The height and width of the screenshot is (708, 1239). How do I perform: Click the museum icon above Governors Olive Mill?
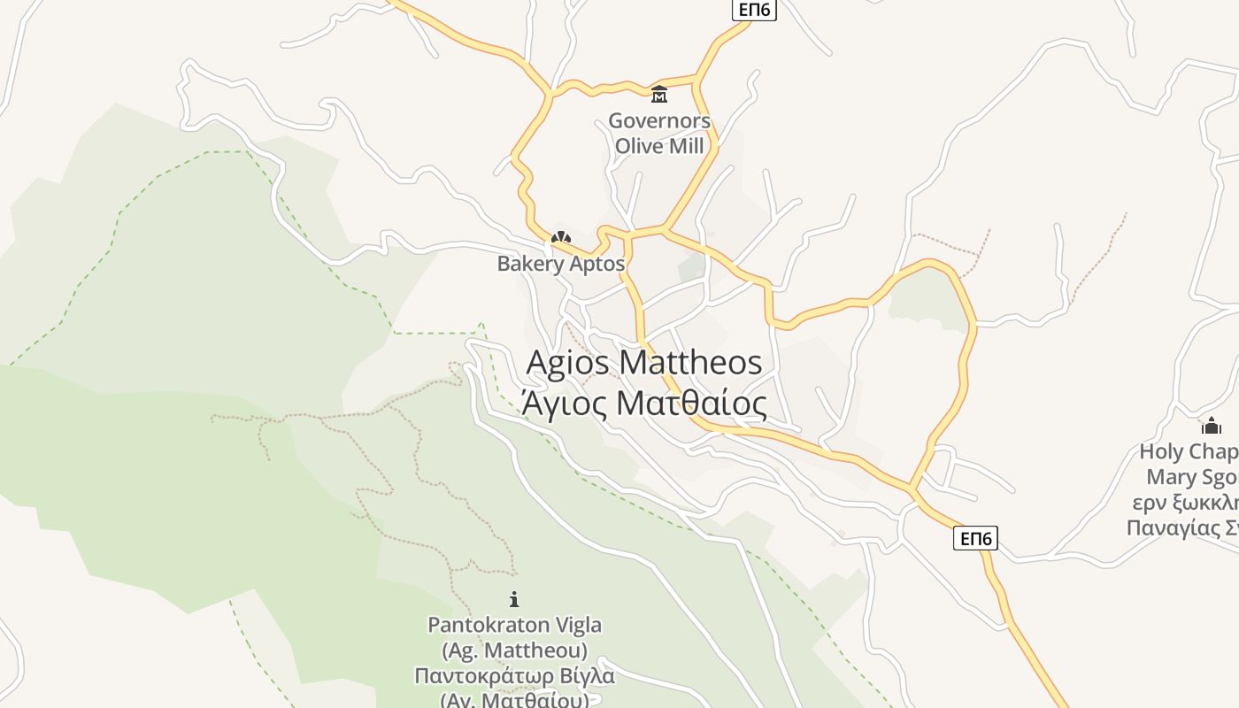(658, 94)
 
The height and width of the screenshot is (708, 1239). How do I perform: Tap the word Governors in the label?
(658, 121)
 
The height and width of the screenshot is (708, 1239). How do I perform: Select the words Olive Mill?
(658, 146)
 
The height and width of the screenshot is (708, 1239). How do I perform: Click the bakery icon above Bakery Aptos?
(560, 237)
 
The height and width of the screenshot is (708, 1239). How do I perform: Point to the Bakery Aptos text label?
(560, 264)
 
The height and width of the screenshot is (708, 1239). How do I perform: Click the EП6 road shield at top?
(754, 10)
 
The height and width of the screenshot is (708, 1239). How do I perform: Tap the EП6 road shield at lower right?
(975, 538)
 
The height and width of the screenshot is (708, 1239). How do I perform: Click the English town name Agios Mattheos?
(643, 363)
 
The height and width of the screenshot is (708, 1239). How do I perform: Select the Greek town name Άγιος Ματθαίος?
(643, 404)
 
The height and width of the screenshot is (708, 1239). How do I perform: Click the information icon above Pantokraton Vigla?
(514, 599)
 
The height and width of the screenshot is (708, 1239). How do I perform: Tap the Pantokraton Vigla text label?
(514, 625)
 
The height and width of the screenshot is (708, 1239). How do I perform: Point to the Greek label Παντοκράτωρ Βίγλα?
(514, 676)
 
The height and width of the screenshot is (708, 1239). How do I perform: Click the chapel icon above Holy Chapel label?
(1211, 426)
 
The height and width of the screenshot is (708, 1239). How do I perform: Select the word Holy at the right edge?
(1160, 452)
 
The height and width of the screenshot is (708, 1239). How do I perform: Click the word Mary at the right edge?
(1171, 478)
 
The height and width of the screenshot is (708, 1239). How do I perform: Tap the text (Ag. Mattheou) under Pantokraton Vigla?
(514, 650)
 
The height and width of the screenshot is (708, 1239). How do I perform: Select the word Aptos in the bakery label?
(598, 264)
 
